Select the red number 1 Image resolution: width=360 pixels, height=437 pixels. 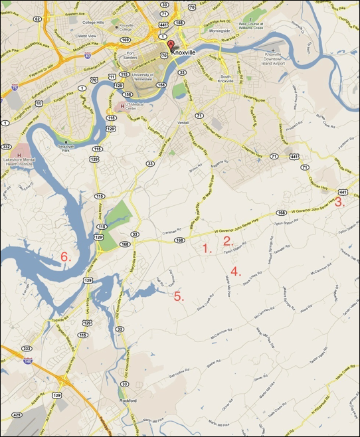(207, 249)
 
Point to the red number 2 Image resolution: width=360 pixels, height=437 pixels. (228, 241)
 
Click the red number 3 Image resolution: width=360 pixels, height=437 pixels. (339, 203)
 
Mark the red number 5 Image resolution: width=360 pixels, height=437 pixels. (178, 296)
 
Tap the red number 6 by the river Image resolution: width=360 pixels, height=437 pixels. (66, 256)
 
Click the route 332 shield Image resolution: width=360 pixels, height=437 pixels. (7, 145)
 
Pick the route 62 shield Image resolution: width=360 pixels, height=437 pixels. (37, 19)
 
